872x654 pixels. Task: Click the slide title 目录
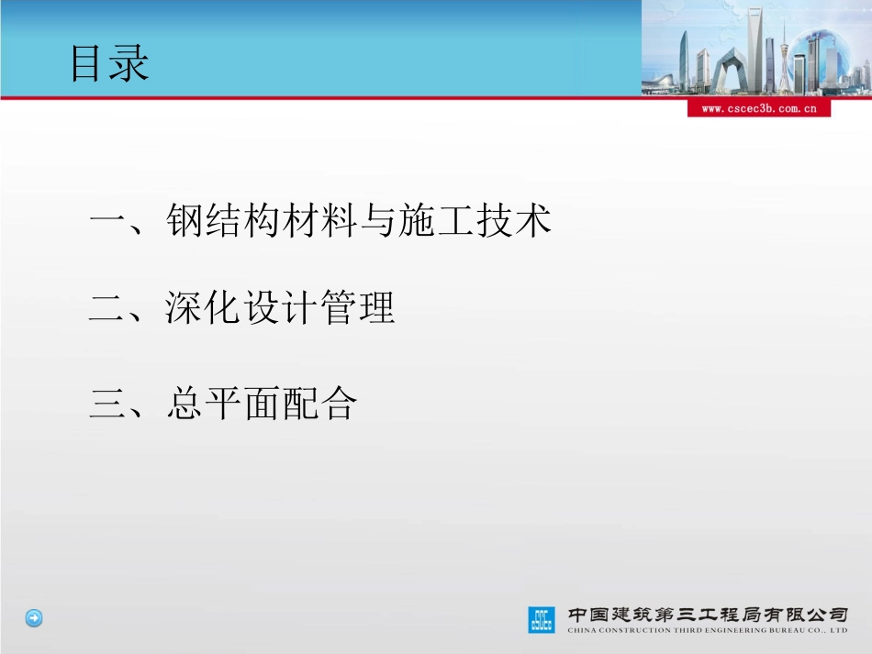[x=110, y=65]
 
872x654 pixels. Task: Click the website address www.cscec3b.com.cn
[x=758, y=108]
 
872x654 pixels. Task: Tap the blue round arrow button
[x=34, y=618]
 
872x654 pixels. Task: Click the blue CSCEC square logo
[x=542, y=619]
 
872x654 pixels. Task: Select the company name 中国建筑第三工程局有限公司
[x=708, y=614]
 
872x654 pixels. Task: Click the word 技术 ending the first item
[x=514, y=221]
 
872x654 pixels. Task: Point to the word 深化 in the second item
[x=204, y=309]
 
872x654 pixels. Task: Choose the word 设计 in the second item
[x=281, y=309]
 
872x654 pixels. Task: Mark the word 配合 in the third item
[x=319, y=404]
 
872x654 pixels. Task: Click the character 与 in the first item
[x=378, y=221]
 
